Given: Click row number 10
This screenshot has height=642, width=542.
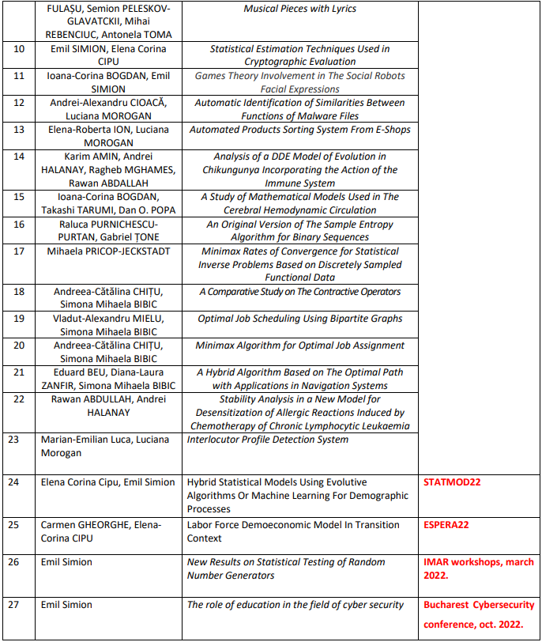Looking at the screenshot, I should click(20, 49).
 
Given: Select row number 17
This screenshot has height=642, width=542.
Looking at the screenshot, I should click(20, 251).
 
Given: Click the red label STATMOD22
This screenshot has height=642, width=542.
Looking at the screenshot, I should click(453, 481).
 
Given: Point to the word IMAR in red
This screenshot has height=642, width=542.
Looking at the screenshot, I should click(437, 561).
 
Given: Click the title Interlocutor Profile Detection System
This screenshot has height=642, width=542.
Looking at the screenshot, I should click(267, 440).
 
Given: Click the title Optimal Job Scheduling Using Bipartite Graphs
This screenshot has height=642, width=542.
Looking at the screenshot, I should click(299, 319).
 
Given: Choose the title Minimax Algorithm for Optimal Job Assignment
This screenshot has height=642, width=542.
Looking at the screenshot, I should click(299, 346).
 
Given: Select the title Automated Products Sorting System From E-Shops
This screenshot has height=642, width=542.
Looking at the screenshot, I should click(299, 130).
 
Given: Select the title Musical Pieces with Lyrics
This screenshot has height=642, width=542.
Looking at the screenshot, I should click(299, 9).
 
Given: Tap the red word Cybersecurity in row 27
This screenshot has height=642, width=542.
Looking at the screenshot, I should click(496, 605).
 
